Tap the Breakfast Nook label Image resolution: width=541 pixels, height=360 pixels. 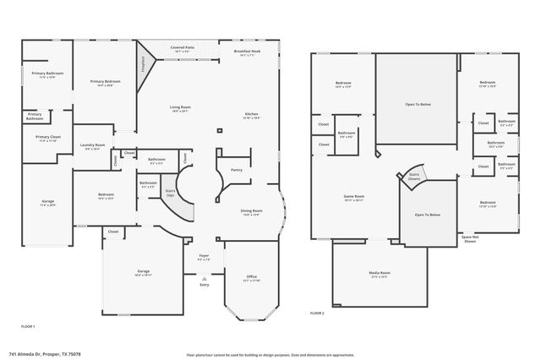click(x=247, y=52)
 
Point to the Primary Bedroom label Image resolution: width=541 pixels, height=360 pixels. click(x=105, y=82)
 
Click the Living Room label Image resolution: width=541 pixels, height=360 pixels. click(x=178, y=107)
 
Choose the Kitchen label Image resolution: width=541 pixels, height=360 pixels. click(x=252, y=114)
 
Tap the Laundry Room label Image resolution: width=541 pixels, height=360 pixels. click(x=92, y=145)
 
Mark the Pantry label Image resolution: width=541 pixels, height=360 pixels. click(x=236, y=170)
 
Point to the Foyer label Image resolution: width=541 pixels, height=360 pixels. click(x=204, y=255)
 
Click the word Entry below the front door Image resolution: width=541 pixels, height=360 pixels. click(x=204, y=285)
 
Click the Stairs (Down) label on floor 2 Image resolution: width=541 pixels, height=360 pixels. click(x=414, y=177)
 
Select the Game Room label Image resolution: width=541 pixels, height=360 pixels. click(x=353, y=196)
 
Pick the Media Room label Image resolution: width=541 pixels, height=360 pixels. click(x=379, y=273)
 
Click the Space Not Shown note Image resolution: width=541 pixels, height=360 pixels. click(x=472, y=239)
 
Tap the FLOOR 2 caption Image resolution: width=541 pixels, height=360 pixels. click(x=317, y=313)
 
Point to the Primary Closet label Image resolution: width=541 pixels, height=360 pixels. click(x=47, y=137)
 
